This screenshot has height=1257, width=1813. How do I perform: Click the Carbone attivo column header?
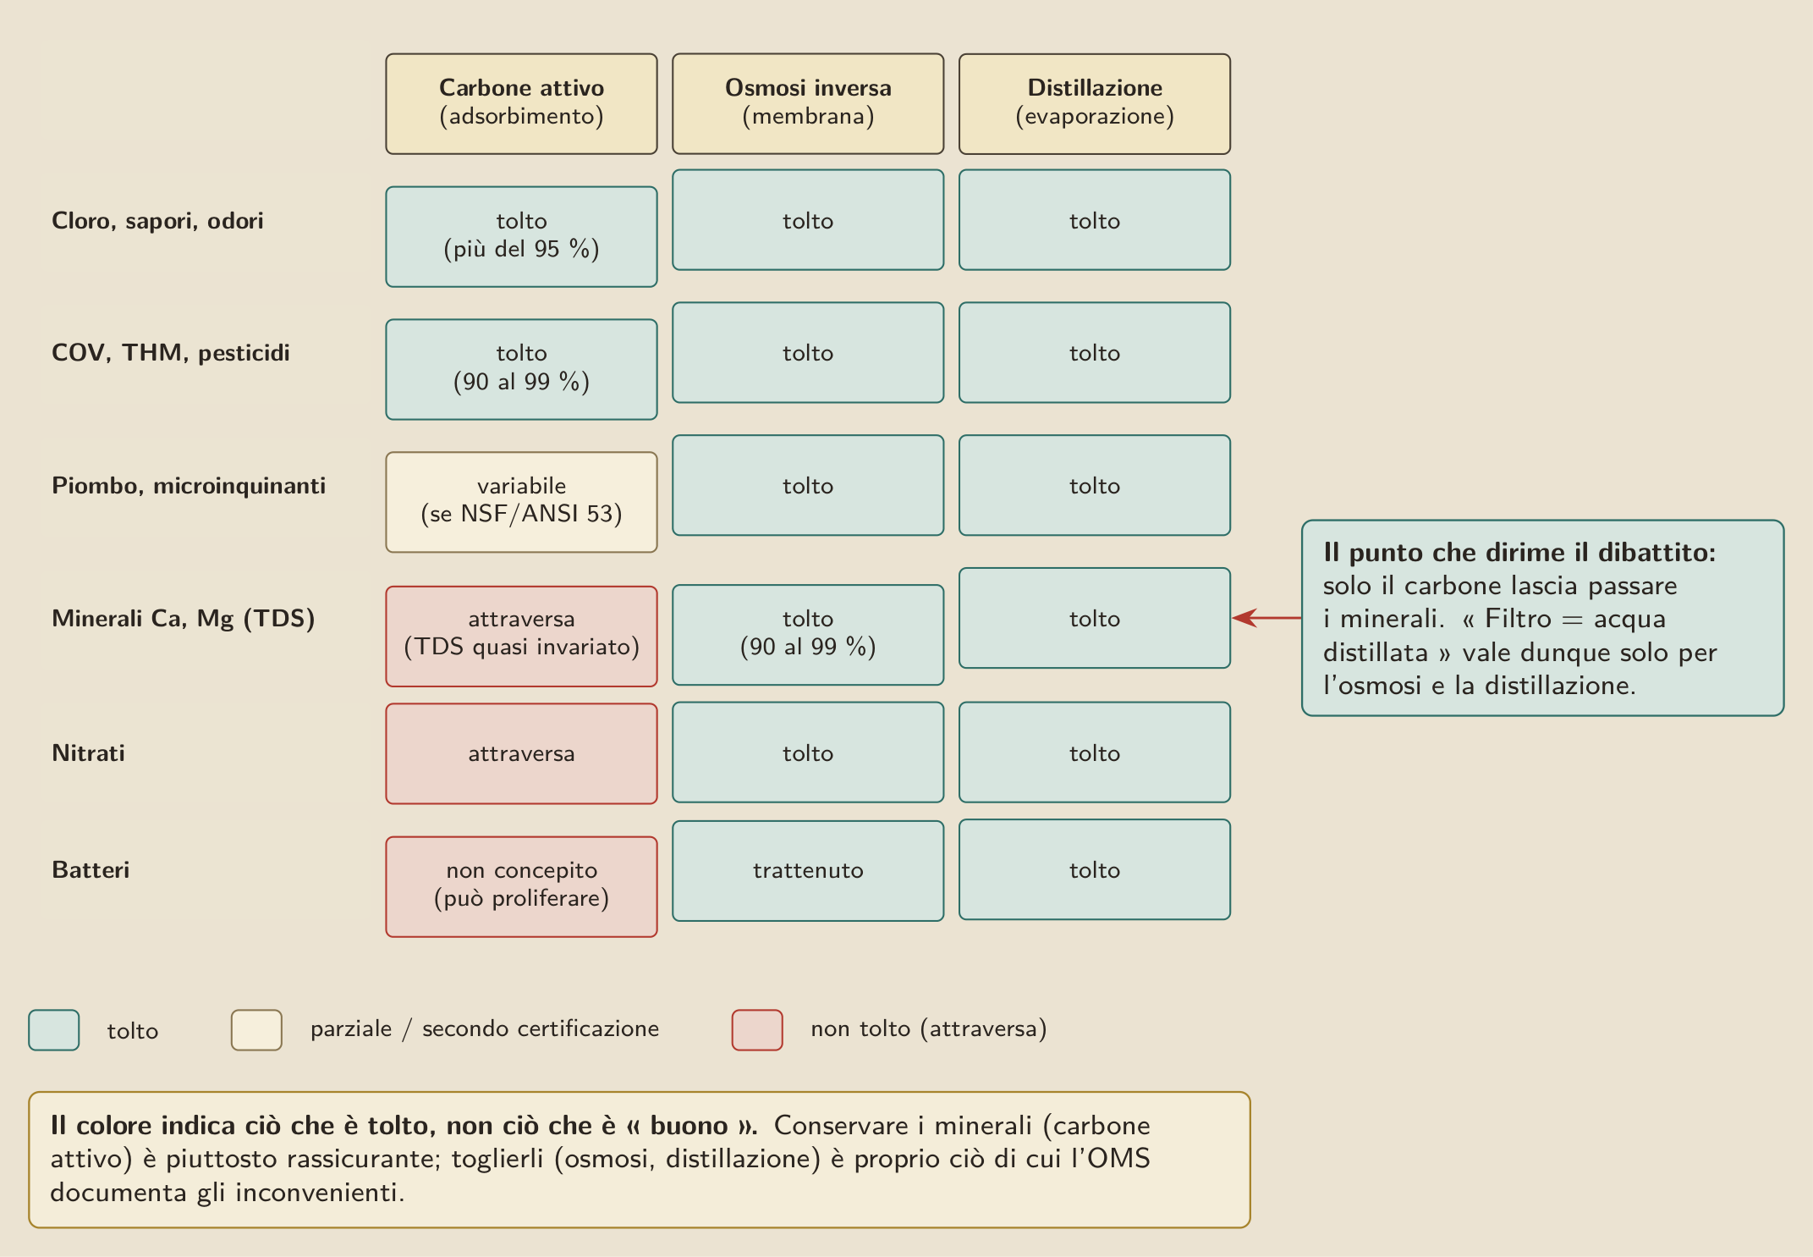click(x=521, y=104)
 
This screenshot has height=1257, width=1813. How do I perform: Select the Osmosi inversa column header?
click(x=808, y=104)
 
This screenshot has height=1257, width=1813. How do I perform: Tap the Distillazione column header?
click(x=1095, y=104)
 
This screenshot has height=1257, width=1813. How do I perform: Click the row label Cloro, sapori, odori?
click(x=157, y=221)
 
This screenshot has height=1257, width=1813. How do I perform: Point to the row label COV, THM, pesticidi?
click(x=171, y=353)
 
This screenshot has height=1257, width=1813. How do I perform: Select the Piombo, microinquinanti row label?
click(x=189, y=486)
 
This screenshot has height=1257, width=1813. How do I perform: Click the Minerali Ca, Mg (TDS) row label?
click(x=184, y=619)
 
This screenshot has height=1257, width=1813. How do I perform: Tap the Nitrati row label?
click(x=88, y=753)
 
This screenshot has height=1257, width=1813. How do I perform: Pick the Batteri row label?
click(x=91, y=869)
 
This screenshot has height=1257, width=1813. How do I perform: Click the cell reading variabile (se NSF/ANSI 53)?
click(x=521, y=502)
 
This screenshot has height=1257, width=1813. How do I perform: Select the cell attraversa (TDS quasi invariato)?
click(x=521, y=636)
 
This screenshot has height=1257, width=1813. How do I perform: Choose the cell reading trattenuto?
click(x=808, y=870)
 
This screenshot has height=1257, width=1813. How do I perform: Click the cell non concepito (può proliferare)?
click(x=521, y=886)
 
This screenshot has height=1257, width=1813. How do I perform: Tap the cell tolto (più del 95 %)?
click(x=521, y=236)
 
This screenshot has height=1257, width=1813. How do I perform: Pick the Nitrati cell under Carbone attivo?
click(x=521, y=753)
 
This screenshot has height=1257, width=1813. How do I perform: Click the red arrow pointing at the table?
click(x=1266, y=618)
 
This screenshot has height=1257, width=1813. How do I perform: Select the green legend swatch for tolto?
click(x=54, y=1030)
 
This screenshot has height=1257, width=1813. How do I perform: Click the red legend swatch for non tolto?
click(x=757, y=1030)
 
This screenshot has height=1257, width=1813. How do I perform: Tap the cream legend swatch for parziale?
click(x=256, y=1030)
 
